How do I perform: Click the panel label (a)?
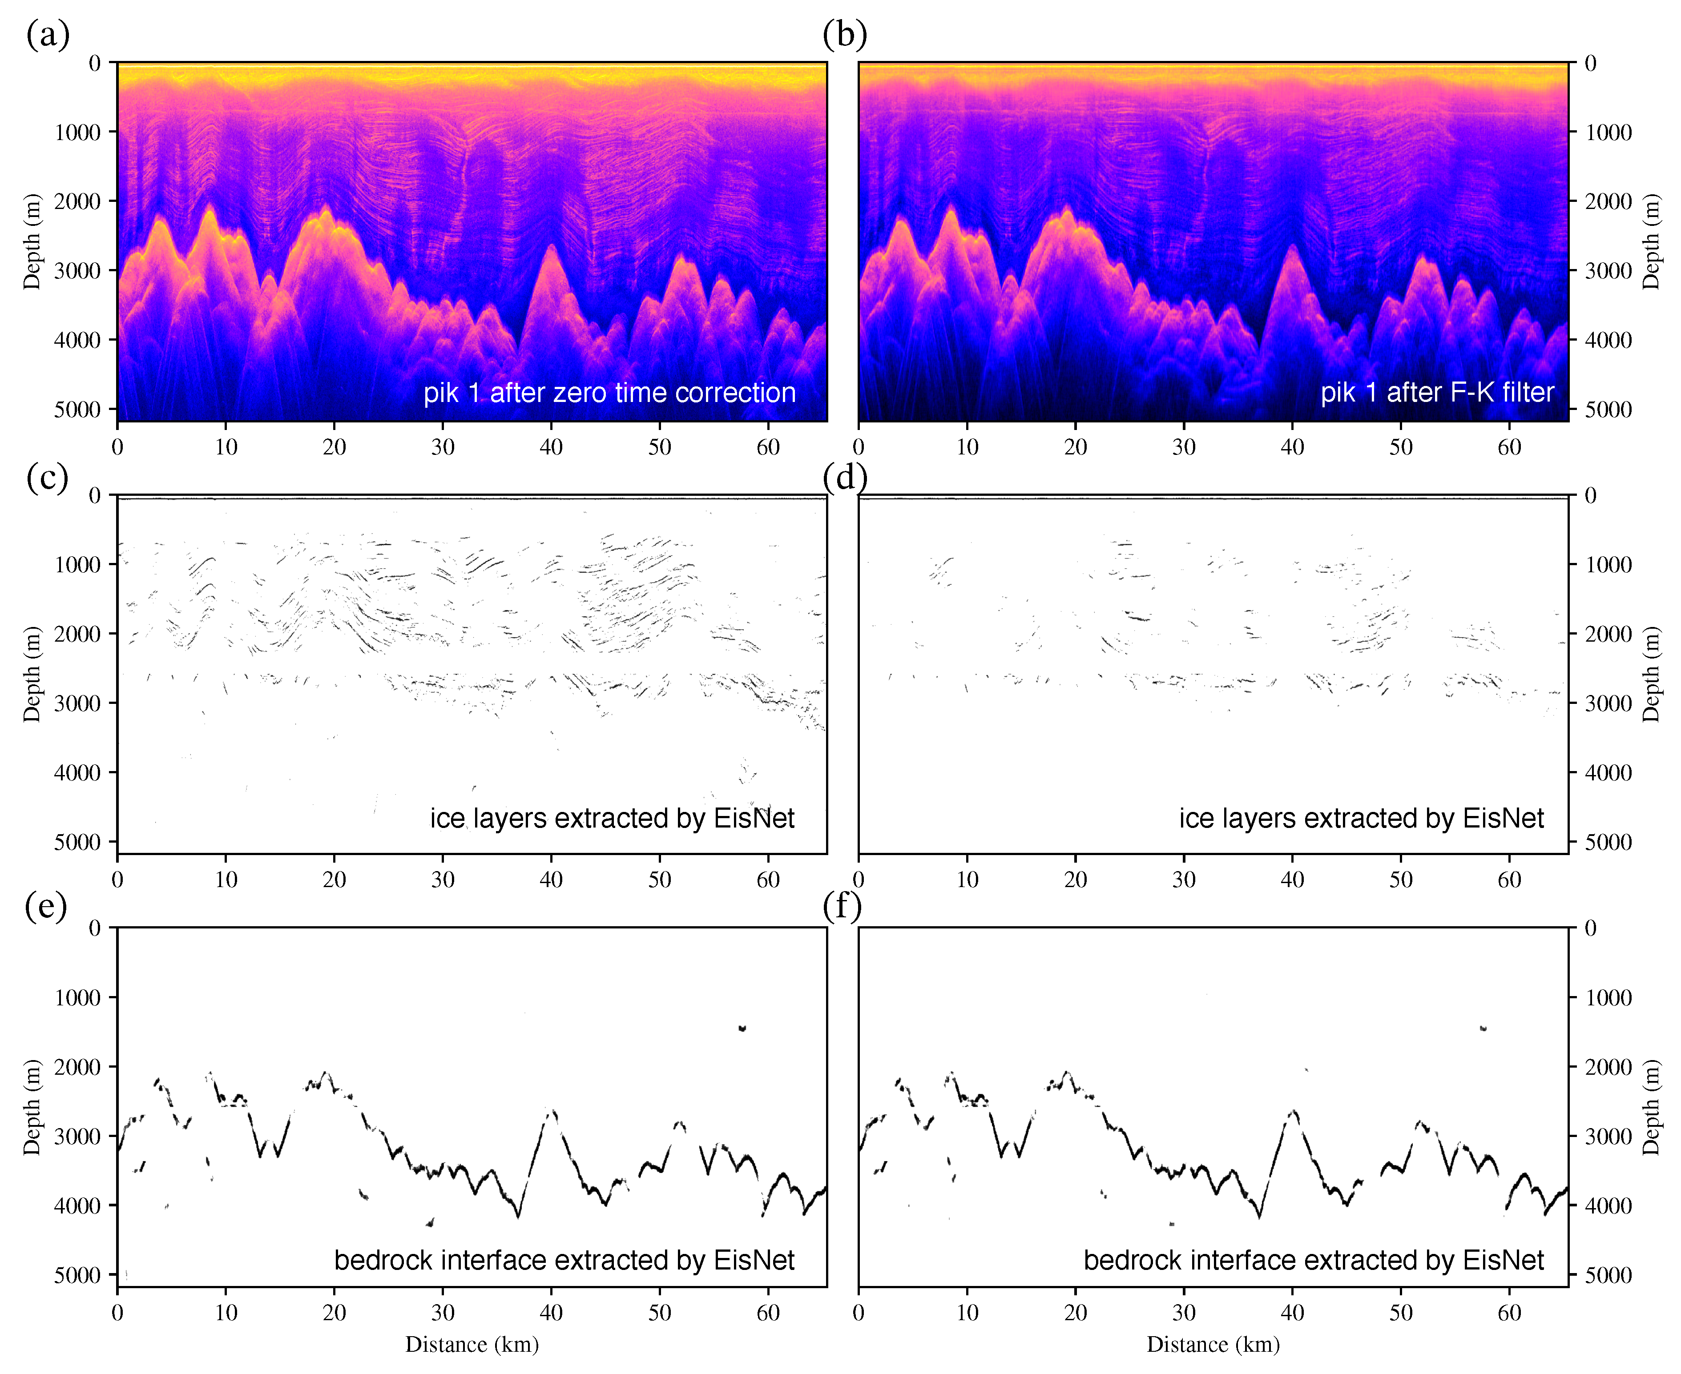[x=48, y=35]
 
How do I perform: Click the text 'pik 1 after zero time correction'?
[x=609, y=393]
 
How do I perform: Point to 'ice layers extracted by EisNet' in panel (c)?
[x=611, y=818]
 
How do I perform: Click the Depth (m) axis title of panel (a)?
[x=32, y=241]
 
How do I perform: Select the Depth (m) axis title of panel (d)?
[x=1650, y=675]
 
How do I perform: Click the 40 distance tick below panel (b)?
[x=1292, y=447]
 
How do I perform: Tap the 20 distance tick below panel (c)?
[x=334, y=880]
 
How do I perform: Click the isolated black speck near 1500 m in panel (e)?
[x=742, y=1028]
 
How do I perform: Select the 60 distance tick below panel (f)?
[x=1509, y=1312]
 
